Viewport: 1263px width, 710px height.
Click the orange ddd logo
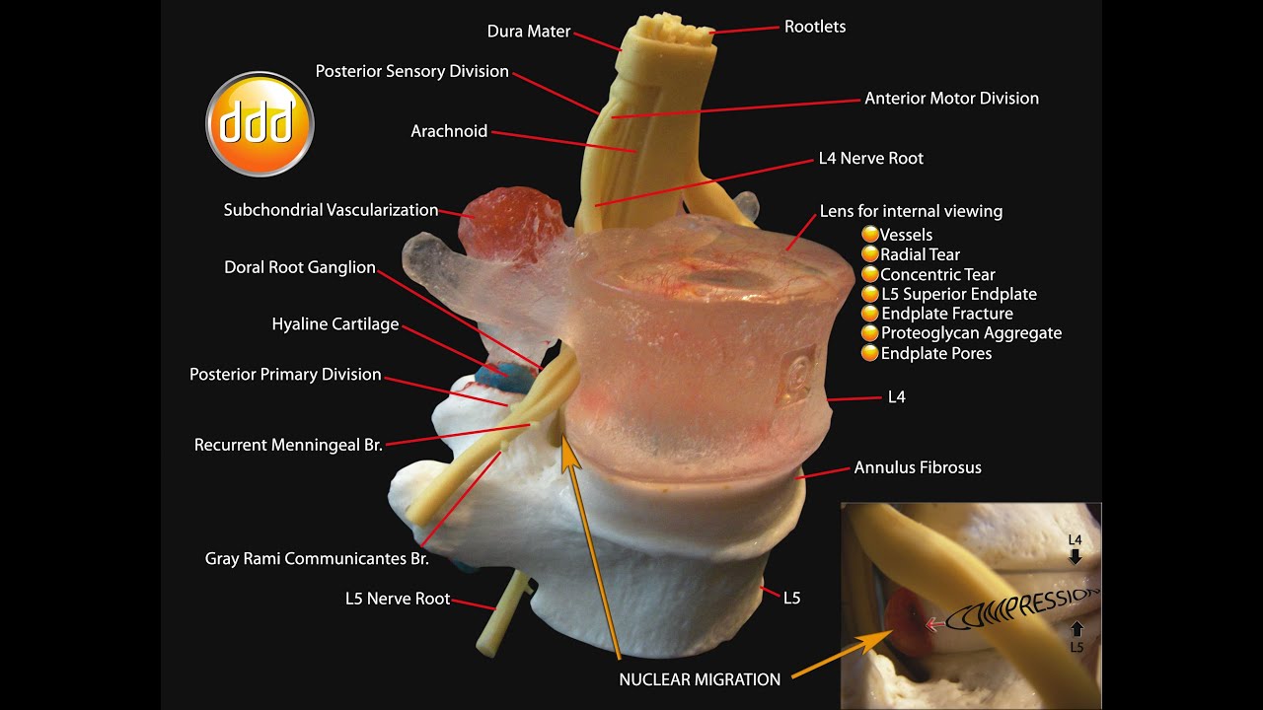(x=260, y=124)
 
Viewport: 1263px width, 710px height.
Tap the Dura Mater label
(x=529, y=32)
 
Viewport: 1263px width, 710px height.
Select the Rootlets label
(x=815, y=27)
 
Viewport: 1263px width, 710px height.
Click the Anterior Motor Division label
(x=951, y=98)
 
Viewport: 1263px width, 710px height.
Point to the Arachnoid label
(x=449, y=131)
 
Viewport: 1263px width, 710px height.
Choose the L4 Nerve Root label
(x=870, y=158)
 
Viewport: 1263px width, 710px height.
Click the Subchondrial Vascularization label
(x=331, y=210)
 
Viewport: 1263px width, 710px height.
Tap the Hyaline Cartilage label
(x=335, y=323)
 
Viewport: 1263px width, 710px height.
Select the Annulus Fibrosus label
(x=918, y=467)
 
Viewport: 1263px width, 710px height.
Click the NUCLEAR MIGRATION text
(x=700, y=679)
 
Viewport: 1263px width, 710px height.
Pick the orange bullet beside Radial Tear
(x=870, y=254)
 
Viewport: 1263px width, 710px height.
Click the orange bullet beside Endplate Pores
(x=870, y=353)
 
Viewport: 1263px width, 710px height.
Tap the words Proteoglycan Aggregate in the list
(x=971, y=333)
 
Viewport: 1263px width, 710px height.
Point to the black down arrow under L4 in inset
(x=1076, y=557)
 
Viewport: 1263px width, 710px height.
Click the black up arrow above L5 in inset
(x=1076, y=628)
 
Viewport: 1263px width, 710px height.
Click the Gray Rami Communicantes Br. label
(x=317, y=558)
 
